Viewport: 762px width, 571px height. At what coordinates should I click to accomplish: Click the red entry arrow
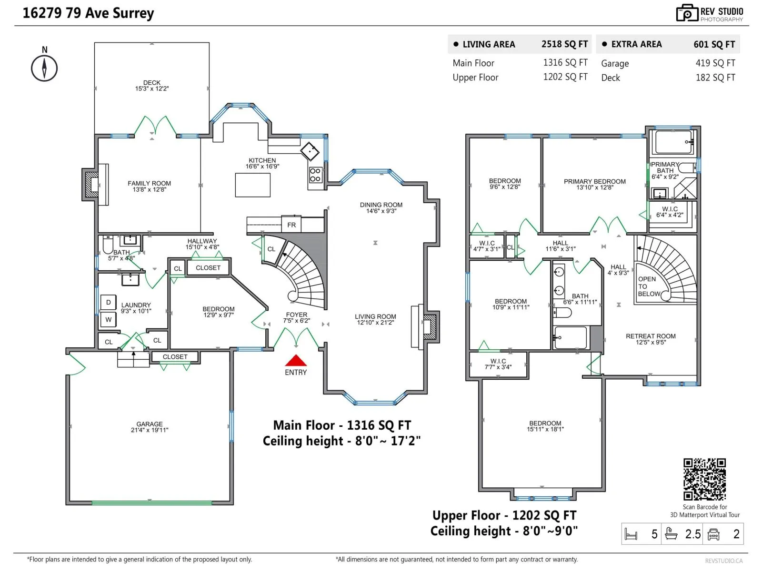pyautogui.click(x=295, y=360)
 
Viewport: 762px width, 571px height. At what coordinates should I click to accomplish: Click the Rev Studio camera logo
pyautogui.click(x=687, y=13)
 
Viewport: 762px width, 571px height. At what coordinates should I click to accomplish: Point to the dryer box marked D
pyautogui.click(x=108, y=302)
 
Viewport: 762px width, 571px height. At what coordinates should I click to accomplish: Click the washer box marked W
pyautogui.click(x=108, y=320)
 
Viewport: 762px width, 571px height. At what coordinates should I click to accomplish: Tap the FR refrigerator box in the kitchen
pyautogui.click(x=291, y=225)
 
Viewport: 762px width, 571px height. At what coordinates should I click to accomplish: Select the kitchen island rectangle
pyautogui.click(x=252, y=185)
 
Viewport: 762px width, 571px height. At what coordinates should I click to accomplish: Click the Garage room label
pyautogui.click(x=149, y=423)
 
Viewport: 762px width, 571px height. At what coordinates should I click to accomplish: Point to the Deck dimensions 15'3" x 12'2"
pyautogui.click(x=152, y=89)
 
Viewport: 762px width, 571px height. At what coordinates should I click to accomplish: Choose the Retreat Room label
pyautogui.click(x=651, y=336)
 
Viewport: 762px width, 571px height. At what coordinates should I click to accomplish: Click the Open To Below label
pyautogui.click(x=649, y=286)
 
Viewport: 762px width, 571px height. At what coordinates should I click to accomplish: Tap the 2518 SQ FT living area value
pyautogui.click(x=564, y=44)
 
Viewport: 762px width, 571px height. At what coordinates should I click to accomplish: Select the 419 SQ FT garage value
pyautogui.click(x=715, y=63)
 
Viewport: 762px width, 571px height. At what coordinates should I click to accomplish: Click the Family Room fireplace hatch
pyautogui.click(x=92, y=185)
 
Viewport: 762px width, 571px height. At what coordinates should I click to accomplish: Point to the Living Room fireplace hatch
pyautogui.click(x=430, y=327)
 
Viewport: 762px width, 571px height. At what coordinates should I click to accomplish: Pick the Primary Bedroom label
pyautogui.click(x=595, y=181)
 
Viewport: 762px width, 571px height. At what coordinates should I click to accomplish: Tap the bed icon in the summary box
pyautogui.click(x=631, y=534)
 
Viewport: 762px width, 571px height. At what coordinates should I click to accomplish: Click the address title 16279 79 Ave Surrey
pyautogui.click(x=88, y=13)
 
